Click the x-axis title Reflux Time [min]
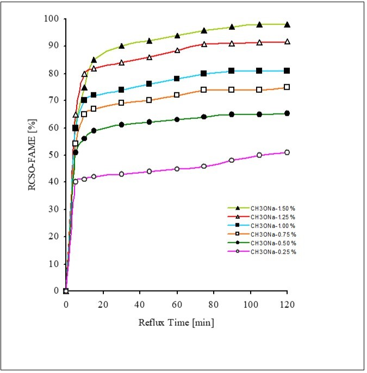tap(176, 323)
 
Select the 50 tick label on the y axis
tap(53, 155)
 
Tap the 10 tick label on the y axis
tap(53, 263)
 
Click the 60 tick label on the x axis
tap(177, 304)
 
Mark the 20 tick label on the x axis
tap(103, 304)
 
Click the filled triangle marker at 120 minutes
tap(287, 24)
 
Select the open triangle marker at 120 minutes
tap(287, 42)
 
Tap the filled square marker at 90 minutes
tap(232, 71)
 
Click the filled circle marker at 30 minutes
tap(121, 125)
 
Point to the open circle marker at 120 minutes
tap(287, 153)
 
